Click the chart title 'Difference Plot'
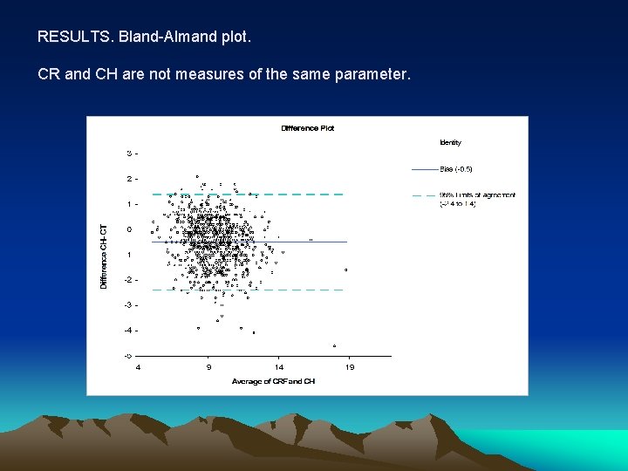(307, 128)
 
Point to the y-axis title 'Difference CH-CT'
(104, 256)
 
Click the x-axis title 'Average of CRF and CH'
(273, 381)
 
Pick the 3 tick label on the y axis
(130, 154)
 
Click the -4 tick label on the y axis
(129, 330)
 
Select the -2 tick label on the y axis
(129, 279)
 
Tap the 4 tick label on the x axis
(138, 367)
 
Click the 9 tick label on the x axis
(208, 367)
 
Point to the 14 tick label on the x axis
(279, 367)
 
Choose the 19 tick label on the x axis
(350, 367)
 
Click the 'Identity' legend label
(451, 143)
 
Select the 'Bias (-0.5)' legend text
(457, 168)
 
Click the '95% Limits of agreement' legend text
(477, 195)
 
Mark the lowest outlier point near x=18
(334, 346)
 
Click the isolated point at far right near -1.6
(346, 270)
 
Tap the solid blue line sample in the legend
(424, 168)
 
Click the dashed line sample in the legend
(424, 195)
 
